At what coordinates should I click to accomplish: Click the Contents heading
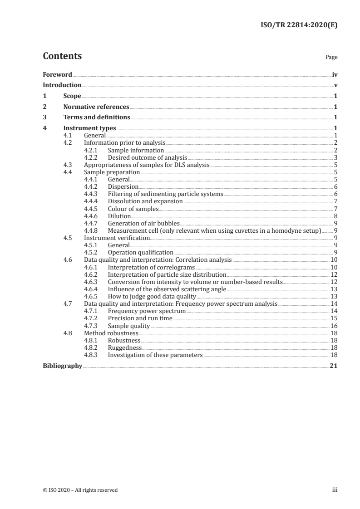pos(62,56)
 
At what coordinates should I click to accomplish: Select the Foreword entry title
pos(57,74)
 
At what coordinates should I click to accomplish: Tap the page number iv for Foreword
pos(335,74)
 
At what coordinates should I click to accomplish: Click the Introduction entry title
pos(62,85)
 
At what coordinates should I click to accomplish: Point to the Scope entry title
pos(72,96)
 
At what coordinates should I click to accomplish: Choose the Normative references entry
pos(96,107)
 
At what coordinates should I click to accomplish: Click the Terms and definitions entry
pos(97,117)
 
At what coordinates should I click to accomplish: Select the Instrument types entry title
pos(89,128)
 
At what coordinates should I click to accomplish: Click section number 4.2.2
pos(91,157)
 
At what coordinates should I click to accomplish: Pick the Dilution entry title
pos(119,216)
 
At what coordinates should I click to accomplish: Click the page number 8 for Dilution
pos(335,216)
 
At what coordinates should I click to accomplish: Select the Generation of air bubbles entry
pos(143,223)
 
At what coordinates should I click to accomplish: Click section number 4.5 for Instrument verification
pos(67,238)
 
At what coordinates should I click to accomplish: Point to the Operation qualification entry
pos(140,252)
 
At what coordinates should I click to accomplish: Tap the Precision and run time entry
pos(140,318)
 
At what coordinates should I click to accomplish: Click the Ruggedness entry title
pos(125,347)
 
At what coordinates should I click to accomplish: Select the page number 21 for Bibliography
pos(334,366)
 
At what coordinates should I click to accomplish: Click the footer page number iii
pos(335,489)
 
